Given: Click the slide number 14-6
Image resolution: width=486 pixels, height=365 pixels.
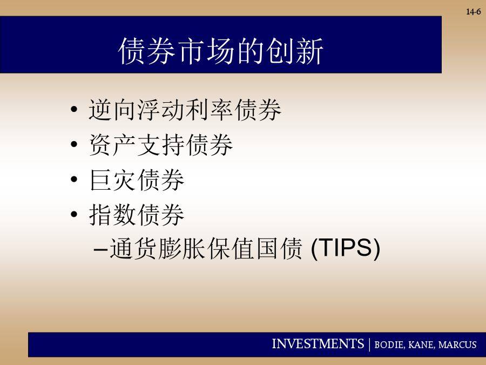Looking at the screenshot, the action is pyautogui.click(x=473, y=12).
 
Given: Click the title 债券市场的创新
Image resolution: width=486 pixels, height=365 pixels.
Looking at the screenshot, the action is pyautogui.click(x=221, y=51).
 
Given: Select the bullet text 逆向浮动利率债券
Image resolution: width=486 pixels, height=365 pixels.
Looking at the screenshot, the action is pyautogui.click(x=185, y=110).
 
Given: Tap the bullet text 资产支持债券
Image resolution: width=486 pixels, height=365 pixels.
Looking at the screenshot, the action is pyautogui.click(x=160, y=144).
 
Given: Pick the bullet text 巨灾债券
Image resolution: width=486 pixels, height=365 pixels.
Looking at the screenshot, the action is pyautogui.click(x=137, y=180).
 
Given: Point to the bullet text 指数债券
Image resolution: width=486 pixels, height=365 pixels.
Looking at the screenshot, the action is pyautogui.click(x=137, y=215).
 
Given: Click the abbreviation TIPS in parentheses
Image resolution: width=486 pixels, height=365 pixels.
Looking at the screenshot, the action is pyautogui.click(x=345, y=248).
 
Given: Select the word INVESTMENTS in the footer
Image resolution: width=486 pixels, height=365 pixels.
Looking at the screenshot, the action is pyautogui.click(x=318, y=344).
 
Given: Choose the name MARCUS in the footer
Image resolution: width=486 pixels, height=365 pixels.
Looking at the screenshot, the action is pyautogui.click(x=457, y=345).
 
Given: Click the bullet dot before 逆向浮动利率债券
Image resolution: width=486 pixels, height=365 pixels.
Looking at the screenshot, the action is pyautogui.click(x=74, y=109).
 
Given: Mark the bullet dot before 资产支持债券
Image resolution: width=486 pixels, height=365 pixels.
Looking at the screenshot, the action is pyautogui.click(x=74, y=144).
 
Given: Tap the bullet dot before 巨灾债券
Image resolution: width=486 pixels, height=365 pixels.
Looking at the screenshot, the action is pyautogui.click(x=74, y=180).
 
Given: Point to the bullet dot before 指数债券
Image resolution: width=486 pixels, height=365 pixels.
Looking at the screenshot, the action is pyautogui.click(x=74, y=214).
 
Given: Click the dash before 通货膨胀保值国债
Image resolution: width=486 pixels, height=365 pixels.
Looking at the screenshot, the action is pyautogui.click(x=101, y=249).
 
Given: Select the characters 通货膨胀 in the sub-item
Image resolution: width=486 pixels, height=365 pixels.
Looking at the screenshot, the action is pyautogui.click(x=157, y=249).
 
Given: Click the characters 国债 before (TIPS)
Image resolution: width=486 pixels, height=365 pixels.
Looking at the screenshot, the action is pyautogui.click(x=279, y=249).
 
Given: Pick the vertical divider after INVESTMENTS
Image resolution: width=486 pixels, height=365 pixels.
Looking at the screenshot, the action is pyautogui.click(x=369, y=344).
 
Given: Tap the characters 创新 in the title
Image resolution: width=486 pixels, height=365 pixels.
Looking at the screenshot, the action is pyautogui.click(x=294, y=51).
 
